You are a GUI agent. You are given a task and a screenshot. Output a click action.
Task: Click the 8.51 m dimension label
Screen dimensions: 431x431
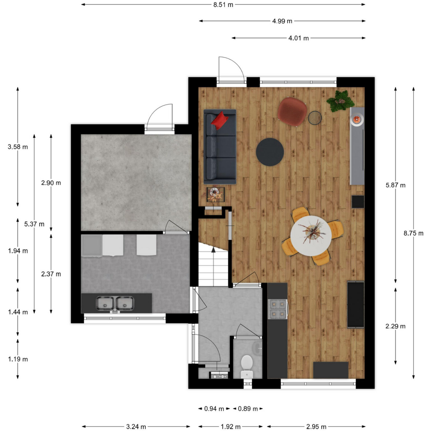(223, 4)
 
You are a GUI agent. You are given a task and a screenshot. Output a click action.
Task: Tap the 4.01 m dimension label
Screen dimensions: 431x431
(299, 38)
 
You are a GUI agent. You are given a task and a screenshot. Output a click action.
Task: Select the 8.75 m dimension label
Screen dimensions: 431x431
(413, 233)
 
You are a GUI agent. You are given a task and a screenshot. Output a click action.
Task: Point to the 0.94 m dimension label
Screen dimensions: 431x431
(214, 409)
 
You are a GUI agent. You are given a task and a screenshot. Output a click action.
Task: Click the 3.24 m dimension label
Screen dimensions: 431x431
(136, 427)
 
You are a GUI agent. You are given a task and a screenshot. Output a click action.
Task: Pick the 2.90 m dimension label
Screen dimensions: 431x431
(51, 183)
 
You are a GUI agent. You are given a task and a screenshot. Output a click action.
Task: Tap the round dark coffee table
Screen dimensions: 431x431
(270, 152)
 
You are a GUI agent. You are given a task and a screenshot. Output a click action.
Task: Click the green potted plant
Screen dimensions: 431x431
(340, 101)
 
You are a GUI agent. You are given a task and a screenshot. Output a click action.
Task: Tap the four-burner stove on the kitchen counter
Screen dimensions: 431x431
(278, 309)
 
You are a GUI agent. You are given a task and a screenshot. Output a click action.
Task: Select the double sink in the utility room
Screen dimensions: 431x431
(115, 303)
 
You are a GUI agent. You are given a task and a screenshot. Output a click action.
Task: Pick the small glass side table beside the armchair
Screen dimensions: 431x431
(315, 118)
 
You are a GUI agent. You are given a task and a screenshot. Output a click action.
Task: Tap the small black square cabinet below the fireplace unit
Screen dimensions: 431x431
(358, 202)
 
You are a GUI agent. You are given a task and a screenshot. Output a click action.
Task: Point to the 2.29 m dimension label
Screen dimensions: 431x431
(395, 326)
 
